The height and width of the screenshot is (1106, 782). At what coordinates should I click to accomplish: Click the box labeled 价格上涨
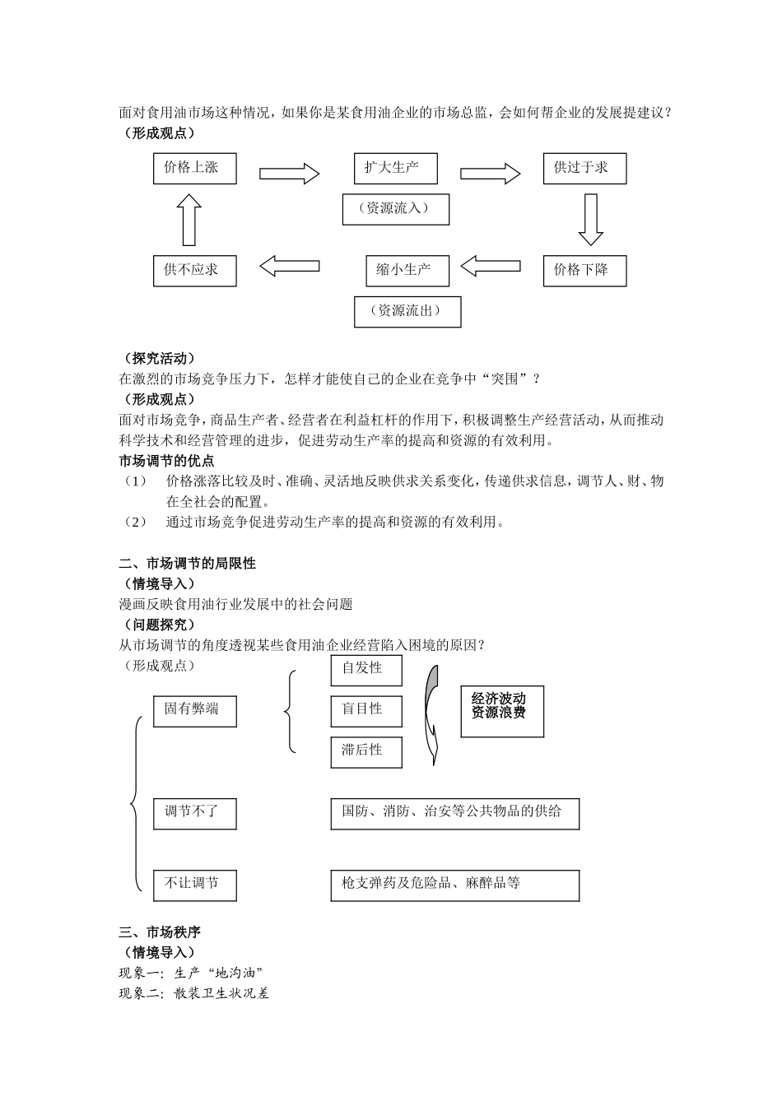coord(194,169)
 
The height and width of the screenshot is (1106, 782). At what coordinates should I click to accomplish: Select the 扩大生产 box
coord(395,169)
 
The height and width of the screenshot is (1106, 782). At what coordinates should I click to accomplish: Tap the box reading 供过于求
coord(584,169)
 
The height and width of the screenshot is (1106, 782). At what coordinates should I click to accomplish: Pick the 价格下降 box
coord(584,271)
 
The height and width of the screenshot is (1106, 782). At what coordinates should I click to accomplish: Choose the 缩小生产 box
coord(407,271)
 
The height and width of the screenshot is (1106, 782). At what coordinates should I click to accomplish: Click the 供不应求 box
coord(194,271)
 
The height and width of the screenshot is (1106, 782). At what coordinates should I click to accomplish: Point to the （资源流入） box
coord(396,209)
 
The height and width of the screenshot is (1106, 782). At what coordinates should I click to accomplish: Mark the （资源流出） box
coord(407,312)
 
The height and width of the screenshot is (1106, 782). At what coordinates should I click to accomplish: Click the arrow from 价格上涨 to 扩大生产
coord(289,174)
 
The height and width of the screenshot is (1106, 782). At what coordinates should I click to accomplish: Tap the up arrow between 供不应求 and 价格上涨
coord(189,220)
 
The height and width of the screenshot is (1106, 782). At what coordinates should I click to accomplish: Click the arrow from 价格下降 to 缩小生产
coord(491,266)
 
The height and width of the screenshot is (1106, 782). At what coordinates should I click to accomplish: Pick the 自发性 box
coord(365,670)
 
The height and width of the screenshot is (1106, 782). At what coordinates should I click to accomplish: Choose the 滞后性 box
coord(365,751)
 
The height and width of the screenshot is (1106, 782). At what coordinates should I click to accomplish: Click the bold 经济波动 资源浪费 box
coord(502,707)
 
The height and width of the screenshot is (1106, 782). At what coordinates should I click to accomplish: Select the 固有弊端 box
coord(194,710)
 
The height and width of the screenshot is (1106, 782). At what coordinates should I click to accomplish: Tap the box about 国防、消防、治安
coord(454,813)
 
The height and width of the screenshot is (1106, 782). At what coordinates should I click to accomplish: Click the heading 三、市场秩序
coord(160,932)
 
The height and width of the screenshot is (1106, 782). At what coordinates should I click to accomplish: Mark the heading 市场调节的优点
coord(166,461)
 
